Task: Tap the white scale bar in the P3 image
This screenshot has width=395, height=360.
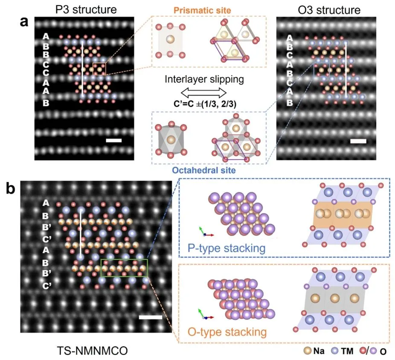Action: click(113, 140)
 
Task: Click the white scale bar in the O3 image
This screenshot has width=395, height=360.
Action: click(357, 141)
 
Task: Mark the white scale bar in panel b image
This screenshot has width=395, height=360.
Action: click(150, 317)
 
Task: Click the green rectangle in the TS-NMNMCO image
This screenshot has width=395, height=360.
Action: click(124, 268)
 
